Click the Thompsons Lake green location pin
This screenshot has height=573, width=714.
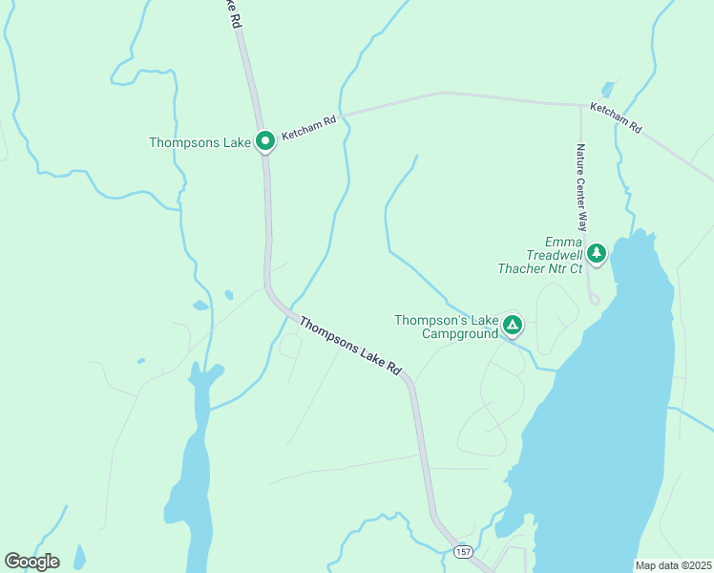[265, 140]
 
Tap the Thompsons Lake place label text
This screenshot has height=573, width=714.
[199, 143]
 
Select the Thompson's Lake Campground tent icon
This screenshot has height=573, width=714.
[513, 326]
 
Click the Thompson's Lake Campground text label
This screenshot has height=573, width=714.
[447, 327]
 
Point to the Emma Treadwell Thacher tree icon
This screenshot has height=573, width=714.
[597, 253]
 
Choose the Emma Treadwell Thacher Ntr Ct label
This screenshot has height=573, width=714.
[539, 255]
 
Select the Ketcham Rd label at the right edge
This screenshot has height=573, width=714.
[616, 117]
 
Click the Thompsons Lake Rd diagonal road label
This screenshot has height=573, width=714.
[350, 346]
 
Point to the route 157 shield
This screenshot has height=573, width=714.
[463, 553]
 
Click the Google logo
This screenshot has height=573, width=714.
[31, 562]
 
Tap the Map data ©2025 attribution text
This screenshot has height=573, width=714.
[673, 565]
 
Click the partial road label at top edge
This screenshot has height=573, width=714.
[230, 12]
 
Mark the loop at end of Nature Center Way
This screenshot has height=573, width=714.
[594, 299]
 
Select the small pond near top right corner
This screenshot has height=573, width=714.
[608, 90]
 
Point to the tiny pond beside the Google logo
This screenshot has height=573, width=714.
[78, 557]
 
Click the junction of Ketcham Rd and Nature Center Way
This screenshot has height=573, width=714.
[580, 105]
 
